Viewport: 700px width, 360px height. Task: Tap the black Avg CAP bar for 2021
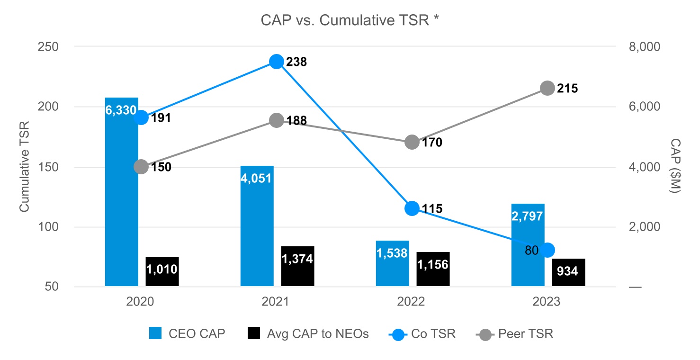tap(297, 266)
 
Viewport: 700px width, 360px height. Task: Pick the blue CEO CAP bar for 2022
tap(393, 263)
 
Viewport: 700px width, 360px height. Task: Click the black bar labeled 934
tap(568, 272)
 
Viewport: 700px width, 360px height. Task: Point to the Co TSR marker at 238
tap(277, 62)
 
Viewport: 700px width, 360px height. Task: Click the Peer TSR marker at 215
tap(547, 88)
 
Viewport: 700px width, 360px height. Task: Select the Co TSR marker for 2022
tap(412, 208)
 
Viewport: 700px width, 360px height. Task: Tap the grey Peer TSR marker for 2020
tap(141, 167)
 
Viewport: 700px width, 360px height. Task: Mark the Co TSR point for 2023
tap(548, 250)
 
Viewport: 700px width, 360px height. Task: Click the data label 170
tap(432, 143)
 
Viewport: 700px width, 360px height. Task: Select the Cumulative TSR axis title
tap(25, 167)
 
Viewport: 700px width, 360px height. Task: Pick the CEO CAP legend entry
tap(187, 334)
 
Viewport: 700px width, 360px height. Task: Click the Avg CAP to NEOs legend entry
tap(308, 334)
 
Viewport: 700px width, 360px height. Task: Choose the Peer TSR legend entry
tap(515, 334)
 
